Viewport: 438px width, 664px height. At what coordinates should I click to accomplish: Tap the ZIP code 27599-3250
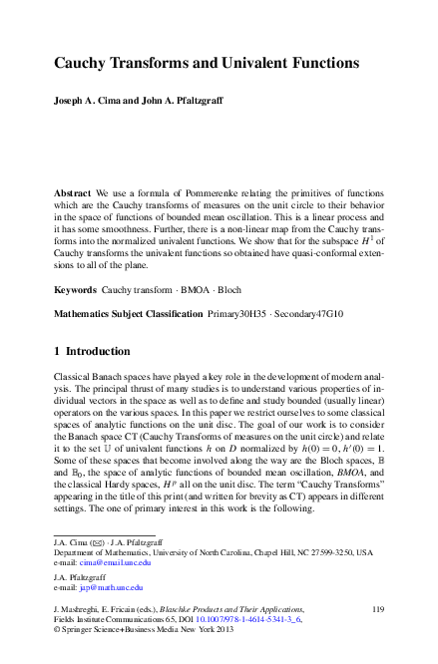(325, 551)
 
